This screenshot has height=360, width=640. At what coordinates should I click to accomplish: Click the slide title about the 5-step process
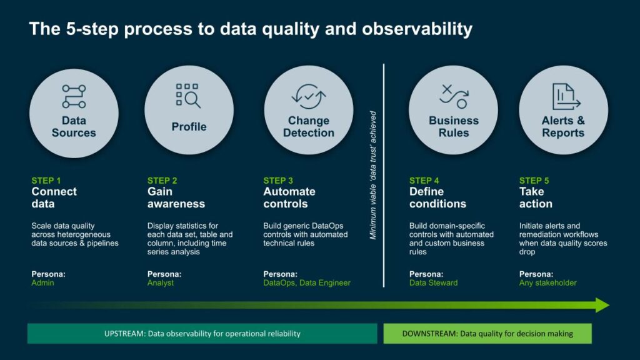pyautogui.click(x=250, y=29)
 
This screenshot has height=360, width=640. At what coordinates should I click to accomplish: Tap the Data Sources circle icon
pyautogui.click(x=74, y=96)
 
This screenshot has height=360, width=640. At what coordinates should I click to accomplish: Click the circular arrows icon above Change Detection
pyautogui.click(x=309, y=97)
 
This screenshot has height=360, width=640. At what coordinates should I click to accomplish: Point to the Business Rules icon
pyautogui.click(x=453, y=96)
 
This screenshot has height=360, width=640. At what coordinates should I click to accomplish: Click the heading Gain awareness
pyautogui.click(x=176, y=197)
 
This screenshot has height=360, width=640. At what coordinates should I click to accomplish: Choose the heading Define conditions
pyautogui.click(x=437, y=197)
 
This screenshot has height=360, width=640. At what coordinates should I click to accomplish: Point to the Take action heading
pyautogui.click(x=536, y=197)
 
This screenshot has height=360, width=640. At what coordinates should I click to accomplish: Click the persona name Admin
pyautogui.click(x=42, y=283)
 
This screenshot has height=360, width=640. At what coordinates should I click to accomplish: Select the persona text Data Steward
pyautogui.click(x=433, y=283)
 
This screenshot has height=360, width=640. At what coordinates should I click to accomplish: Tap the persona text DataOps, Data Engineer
pyautogui.click(x=307, y=283)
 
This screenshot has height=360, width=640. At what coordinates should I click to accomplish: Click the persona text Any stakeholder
pyautogui.click(x=547, y=283)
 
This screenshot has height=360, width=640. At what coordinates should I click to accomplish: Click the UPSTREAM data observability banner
pyautogui.click(x=202, y=334)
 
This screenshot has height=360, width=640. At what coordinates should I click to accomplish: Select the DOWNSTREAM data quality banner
pyautogui.click(x=487, y=334)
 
